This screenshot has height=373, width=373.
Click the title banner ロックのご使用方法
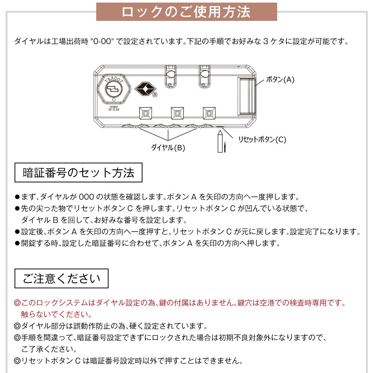tap(186, 12)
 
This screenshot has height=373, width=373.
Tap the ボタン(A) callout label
tap(280, 79)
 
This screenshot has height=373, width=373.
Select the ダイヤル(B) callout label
tap(168, 148)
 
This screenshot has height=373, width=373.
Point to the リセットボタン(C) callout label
tap(262, 140)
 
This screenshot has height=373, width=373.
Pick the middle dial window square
tap(177, 112)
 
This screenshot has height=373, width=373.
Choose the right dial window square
tap(209, 112)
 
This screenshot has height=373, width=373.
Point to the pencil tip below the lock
tap(220, 132)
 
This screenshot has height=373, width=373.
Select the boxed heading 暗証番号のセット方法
tap(78, 173)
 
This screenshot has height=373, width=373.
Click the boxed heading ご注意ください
tap(62, 279)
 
